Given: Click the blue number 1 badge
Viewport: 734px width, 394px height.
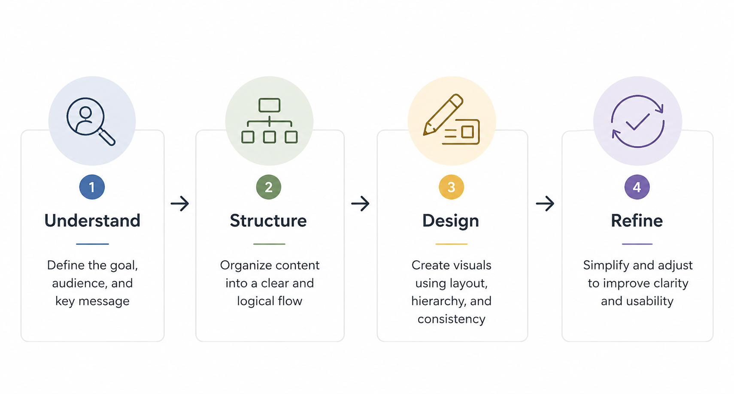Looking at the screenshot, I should tap(92, 187).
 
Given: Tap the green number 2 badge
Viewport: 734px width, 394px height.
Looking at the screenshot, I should tap(269, 187).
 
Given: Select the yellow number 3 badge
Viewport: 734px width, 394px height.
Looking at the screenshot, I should tap(451, 187).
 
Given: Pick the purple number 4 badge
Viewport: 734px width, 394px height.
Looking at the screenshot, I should tap(637, 187).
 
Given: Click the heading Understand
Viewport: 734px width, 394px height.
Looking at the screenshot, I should tap(92, 221).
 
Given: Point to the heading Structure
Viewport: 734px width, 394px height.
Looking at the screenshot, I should tap(268, 221).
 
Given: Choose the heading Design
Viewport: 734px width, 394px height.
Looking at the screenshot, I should tap(451, 221).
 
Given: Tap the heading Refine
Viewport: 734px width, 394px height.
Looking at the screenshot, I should tap(637, 221).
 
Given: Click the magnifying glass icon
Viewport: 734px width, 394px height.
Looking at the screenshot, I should tap(91, 121).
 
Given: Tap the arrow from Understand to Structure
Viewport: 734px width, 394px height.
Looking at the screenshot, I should tap(180, 203).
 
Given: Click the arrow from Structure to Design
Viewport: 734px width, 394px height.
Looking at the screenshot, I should tap(361, 203).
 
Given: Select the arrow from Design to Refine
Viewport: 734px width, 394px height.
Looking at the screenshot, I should tap(545, 203).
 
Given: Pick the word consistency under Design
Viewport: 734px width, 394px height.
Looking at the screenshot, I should tap(452, 319).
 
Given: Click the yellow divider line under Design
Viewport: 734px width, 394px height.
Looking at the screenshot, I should tap(451, 244).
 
